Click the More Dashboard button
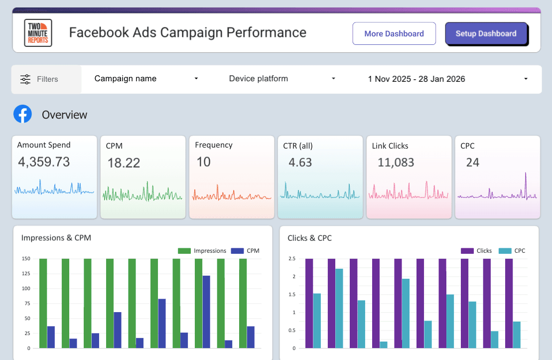click(x=394, y=34)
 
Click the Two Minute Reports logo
click(x=38, y=33)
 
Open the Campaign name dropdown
click(x=146, y=79)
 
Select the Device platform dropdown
click(x=282, y=79)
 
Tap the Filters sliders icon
click(x=25, y=79)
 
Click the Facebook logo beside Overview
click(x=22, y=114)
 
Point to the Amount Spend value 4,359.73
click(x=44, y=162)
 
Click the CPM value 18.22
click(x=124, y=163)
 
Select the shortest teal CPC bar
click(x=384, y=345)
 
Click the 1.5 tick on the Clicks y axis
click(x=292, y=295)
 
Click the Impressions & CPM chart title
click(x=56, y=238)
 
